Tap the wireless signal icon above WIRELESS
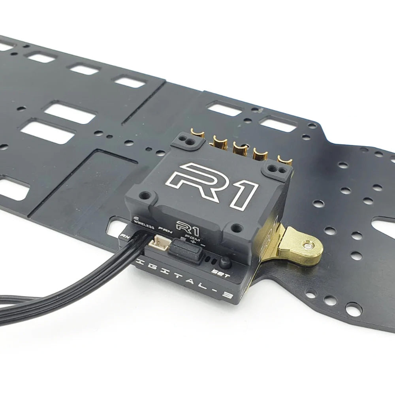point(137,217)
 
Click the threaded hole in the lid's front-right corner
point(236,227)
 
